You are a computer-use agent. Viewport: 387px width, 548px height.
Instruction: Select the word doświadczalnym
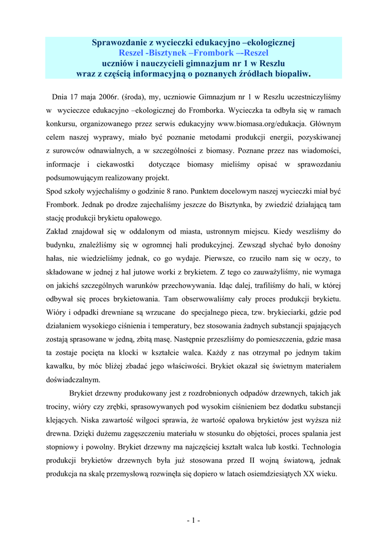[x=73, y=380]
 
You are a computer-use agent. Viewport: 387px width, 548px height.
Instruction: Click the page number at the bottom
[x=193, y=520]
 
